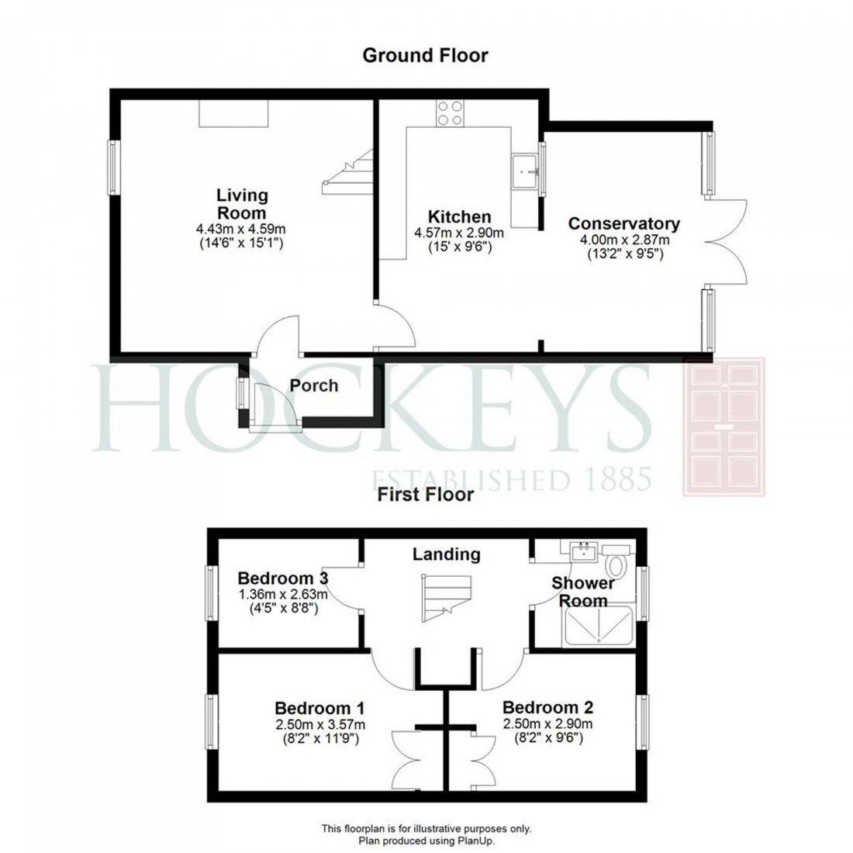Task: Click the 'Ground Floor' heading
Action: [426, 55]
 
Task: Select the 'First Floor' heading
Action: [426, 495]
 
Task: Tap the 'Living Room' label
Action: [241, 203]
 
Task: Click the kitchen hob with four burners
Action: [449, 114]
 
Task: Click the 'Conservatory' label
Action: [623, 223]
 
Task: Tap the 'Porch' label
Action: [314, 385]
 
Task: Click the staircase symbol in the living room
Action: [348, 172]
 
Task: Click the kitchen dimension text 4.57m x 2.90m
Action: [461, 233]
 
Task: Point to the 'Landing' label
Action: [446, 554]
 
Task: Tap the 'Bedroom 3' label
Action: [283, 578]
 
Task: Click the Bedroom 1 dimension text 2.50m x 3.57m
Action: [320, 724]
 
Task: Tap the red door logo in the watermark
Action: [723, 427]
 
